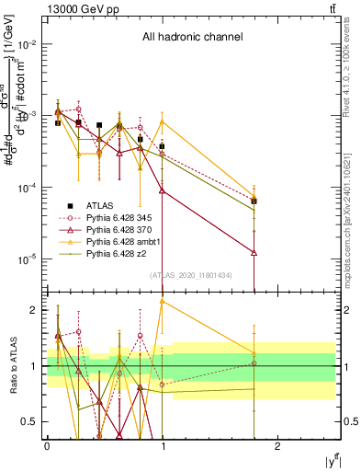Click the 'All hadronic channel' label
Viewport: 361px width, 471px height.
click(191, 38)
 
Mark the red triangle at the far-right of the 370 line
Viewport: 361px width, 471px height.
click(254, 252)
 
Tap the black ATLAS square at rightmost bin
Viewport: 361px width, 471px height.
click(254, 201)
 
